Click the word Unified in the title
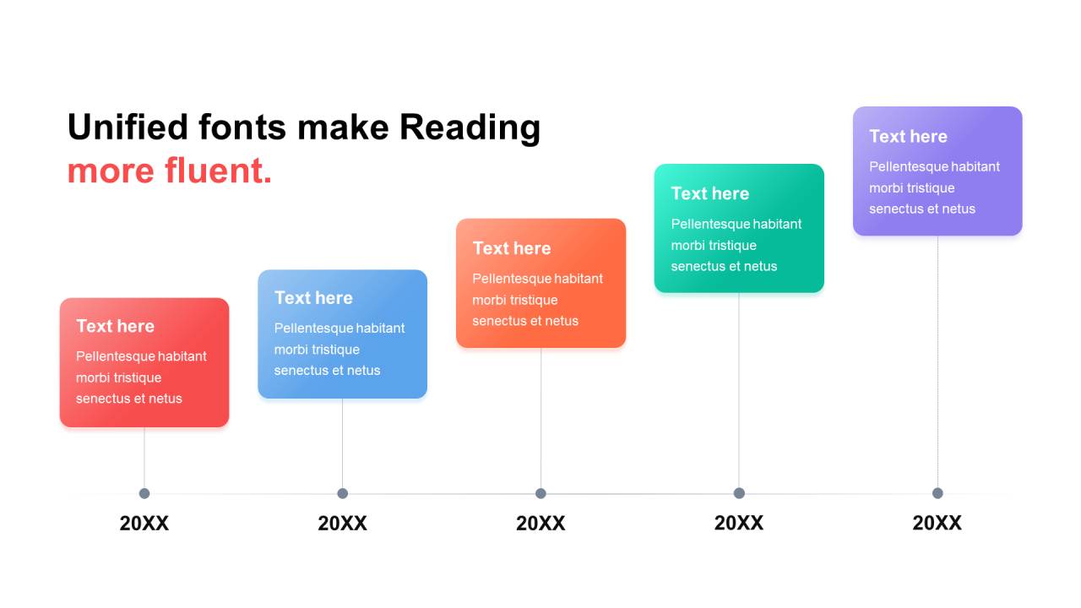click(x=128, y=127)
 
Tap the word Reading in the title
click(x=470, y=128)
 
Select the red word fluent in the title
click(x=218, y=171)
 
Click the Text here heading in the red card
click(x=116, y=326)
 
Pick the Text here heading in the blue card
click(x=313, y=298)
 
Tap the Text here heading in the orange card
click(x=512, y=248)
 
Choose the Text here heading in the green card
click(x=710, y=193)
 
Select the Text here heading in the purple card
click(x=908, y=136)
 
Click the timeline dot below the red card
click(x=144, y=493)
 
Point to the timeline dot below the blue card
click(x=343, y=493)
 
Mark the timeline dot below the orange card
click(x=540, y=493)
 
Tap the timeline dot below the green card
click(x=739, y=493)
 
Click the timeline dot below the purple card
click(x=937, y=493)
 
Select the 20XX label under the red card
click(x=144, y=523)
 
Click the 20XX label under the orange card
click(x=540, y=523)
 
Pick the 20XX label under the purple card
click(x=937, y=523)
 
